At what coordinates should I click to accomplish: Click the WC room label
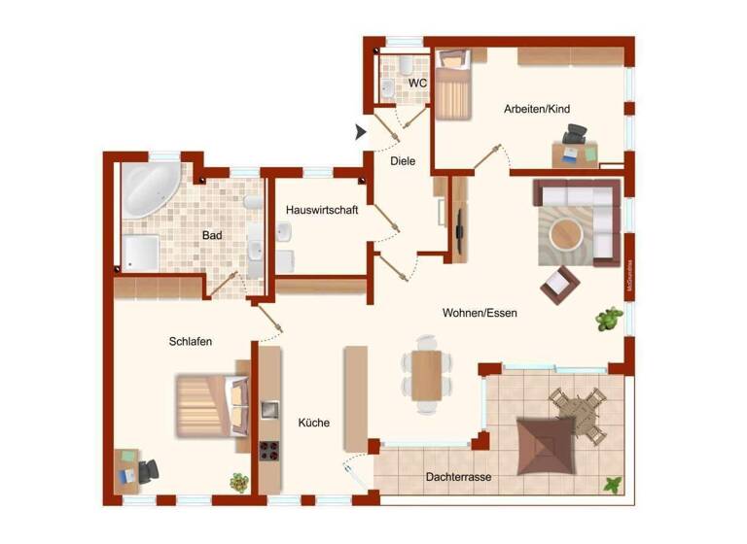point(417,84)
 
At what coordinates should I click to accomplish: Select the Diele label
point(403,161)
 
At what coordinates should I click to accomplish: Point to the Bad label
point(212,235)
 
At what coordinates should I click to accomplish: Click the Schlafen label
point(190,341)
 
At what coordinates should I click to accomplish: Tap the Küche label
point(314,423)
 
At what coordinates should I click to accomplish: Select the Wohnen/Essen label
point(480,313)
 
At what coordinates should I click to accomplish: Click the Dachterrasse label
point(458,477)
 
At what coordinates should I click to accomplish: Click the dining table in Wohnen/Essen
point(427,374)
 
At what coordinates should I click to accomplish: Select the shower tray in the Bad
point(141,253)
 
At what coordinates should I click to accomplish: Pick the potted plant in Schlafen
point(238,482)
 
